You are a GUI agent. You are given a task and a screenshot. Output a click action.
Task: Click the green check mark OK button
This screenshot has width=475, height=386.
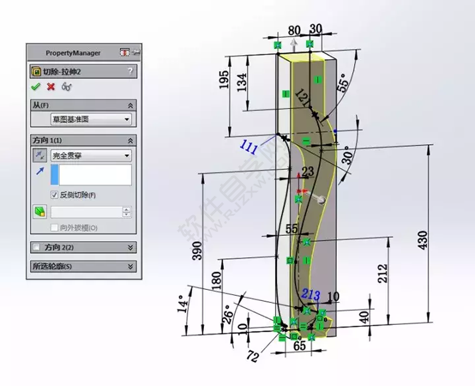click(x=35, y=86)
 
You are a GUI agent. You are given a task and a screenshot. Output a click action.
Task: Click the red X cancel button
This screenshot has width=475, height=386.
click(x=50, y=86)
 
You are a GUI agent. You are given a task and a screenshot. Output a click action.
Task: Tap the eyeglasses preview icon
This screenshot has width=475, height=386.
click(x=66, y=86)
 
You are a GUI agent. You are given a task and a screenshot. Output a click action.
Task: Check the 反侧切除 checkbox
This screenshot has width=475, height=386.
click(x=55, y=195)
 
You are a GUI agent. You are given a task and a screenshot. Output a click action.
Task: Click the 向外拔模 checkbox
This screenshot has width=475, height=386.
click(x=55, y=227)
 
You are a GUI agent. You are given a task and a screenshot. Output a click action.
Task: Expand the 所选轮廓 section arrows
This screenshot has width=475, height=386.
click(x=131, y=266)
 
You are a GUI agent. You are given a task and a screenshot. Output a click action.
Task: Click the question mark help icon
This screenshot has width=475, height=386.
click(x=130, y=70)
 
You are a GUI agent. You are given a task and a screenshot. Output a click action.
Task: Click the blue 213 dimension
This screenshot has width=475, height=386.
click(x=311, y=294)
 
